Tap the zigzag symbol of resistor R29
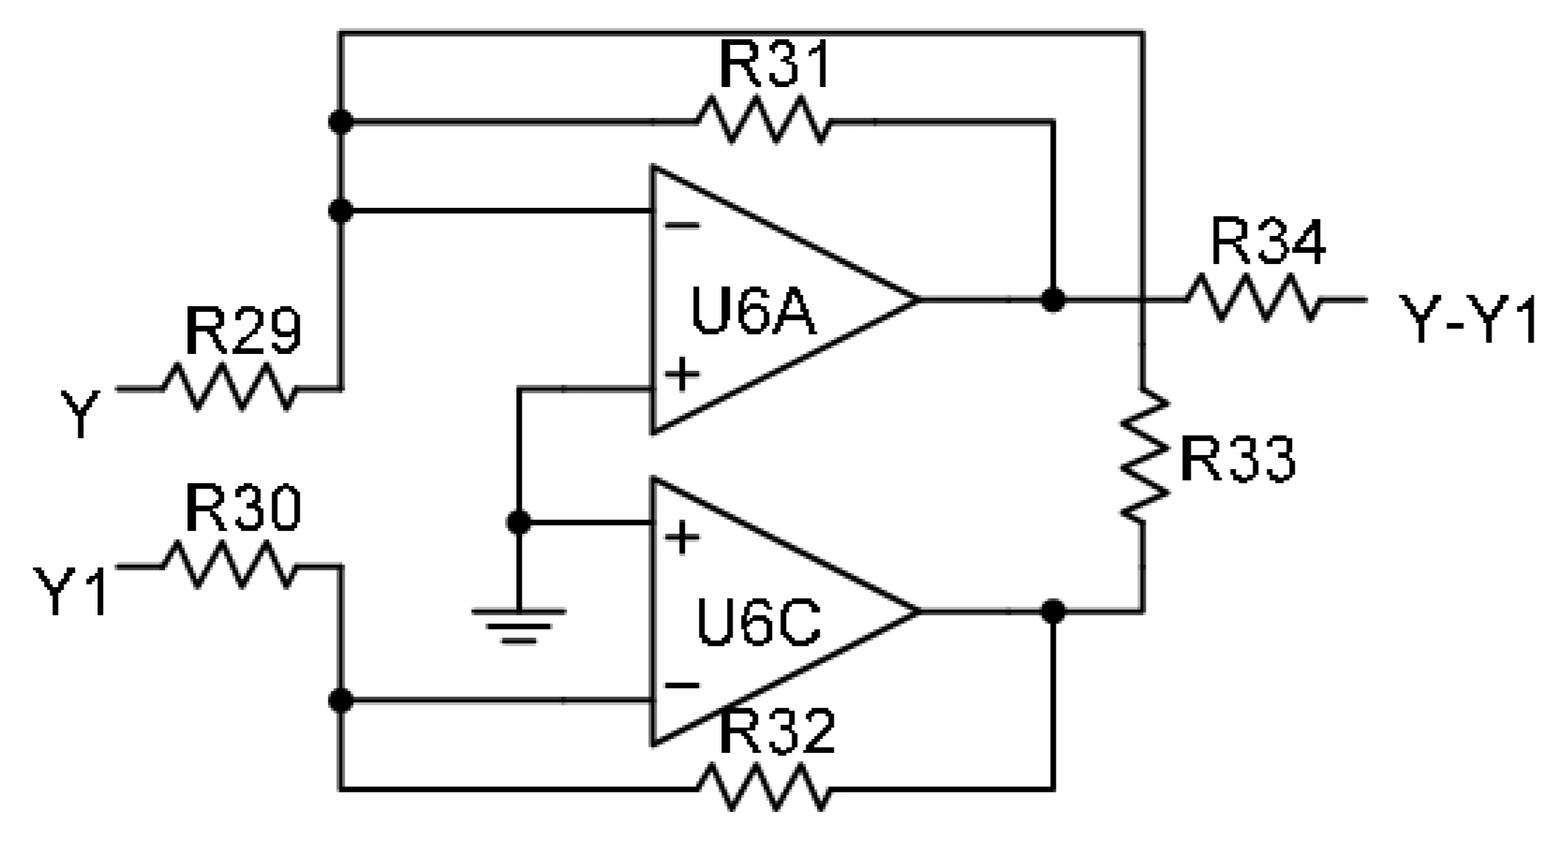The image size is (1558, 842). (x=229, y=387)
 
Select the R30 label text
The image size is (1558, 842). (x=243, y=510)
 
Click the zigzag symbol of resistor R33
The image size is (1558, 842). (x=1143, y=456)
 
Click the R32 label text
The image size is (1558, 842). (x=776, y=732)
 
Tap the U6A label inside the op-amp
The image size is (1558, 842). (x=754, y=313)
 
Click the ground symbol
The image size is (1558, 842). (x=518, y=623)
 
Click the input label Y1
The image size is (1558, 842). (x=72, y=590)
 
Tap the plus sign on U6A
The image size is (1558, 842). (x=683, y=375)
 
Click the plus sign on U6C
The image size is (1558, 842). (x=683, y=537)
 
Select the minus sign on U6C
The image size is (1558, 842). (x=683, y=685)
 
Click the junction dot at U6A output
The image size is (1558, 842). (x=1053, y=300)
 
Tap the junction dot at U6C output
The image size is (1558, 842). (x=1053, y=612)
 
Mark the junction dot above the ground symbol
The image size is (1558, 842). (x=518, y=523)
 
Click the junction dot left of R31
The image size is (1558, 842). (x=342, y=121)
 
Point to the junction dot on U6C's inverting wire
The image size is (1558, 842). (x=342, y=700)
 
